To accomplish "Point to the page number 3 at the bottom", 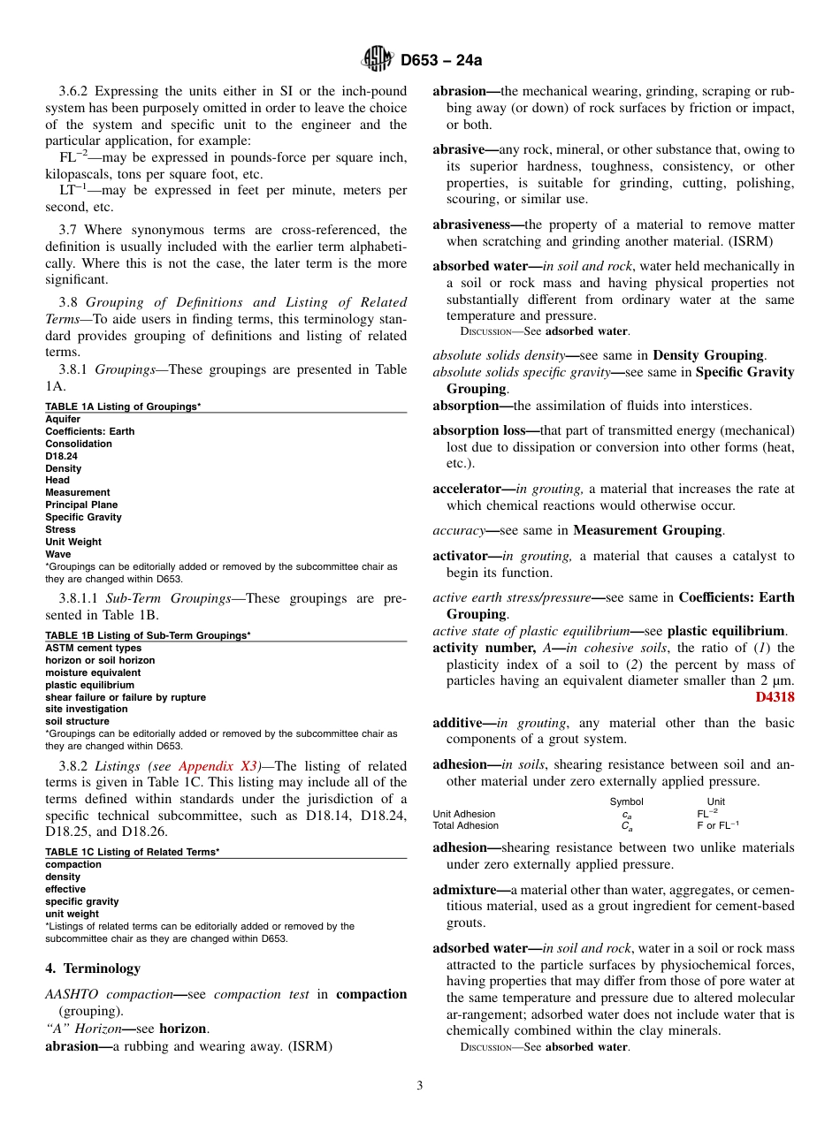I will (x=420, y=1085).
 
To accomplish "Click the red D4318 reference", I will (x=775, y=697).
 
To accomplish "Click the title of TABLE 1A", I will (x=123, y=406).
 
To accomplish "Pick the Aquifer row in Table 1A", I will (x=63, y=420).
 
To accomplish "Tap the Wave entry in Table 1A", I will (x=57, y=554).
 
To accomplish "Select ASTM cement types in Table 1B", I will (x=93, y=648).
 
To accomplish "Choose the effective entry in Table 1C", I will (x=65, y=889).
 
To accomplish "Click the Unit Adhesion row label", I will (x=463, y=814).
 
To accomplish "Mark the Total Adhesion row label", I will (x=465, y=826).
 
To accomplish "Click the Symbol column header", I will (x=626, y=801).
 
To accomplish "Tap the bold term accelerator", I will (x=469, y=489).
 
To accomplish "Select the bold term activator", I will (x=462, y=556).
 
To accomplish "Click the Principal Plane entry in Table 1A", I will (x=81, y=505).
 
